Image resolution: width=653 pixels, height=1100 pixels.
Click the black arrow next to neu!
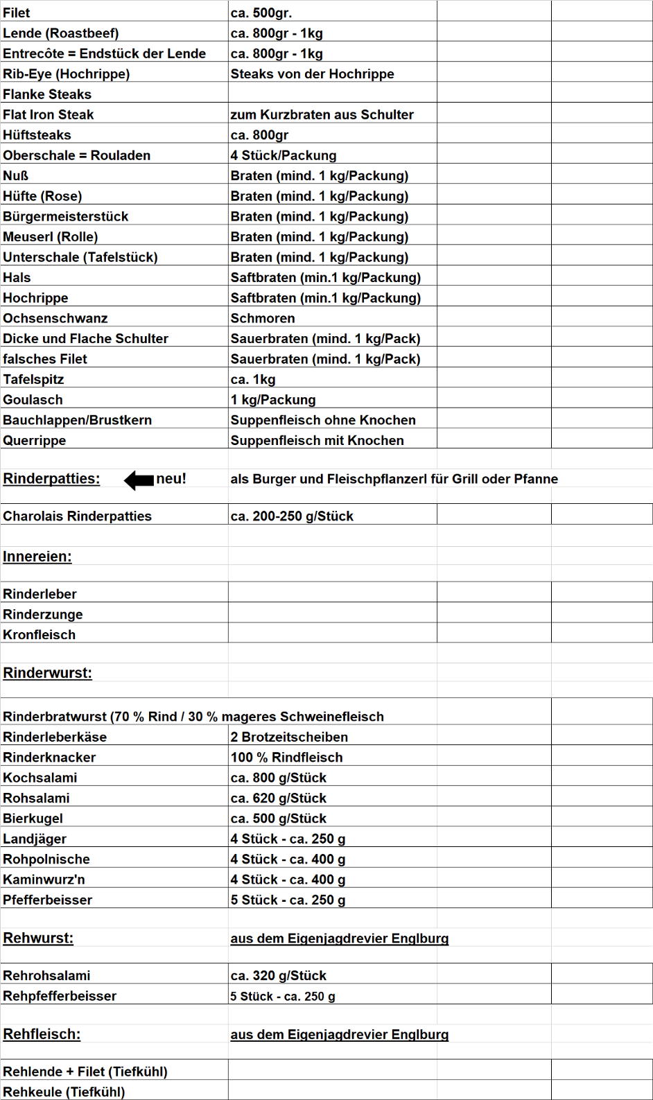tap(139, 480)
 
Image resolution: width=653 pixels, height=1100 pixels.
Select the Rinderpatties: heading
tap(51, 479)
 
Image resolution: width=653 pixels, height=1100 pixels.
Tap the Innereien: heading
tap(37, 557)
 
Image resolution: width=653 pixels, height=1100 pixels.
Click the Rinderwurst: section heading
tap(47, 673)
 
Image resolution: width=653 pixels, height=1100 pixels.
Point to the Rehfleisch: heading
tap(42, 1034)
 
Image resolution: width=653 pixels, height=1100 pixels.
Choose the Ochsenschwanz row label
tap(55, 318)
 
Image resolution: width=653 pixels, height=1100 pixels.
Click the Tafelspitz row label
tap(33, 379)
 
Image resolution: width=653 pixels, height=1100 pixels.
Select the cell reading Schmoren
tap(263, 318)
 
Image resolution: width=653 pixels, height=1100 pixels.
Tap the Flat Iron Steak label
tap(48, 114)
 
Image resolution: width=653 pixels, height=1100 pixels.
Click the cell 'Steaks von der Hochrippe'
tap(312, 74)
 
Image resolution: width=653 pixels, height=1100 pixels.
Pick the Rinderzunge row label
tap(43, 614)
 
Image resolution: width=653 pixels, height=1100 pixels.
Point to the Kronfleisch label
tap(40, 635)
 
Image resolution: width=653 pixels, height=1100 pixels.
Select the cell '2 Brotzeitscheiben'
tap(289, 737)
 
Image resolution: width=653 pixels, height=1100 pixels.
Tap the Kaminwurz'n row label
tap(44, 880)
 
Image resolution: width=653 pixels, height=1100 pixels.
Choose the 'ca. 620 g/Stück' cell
tap(278, 798)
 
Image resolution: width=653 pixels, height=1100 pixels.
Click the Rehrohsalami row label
tap(46, 976)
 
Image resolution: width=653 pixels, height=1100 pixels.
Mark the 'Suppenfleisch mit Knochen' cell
tap(317, 440)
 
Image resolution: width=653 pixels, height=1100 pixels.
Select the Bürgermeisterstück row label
tap(65, 216)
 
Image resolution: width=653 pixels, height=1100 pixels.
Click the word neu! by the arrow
tap(171, 479)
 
